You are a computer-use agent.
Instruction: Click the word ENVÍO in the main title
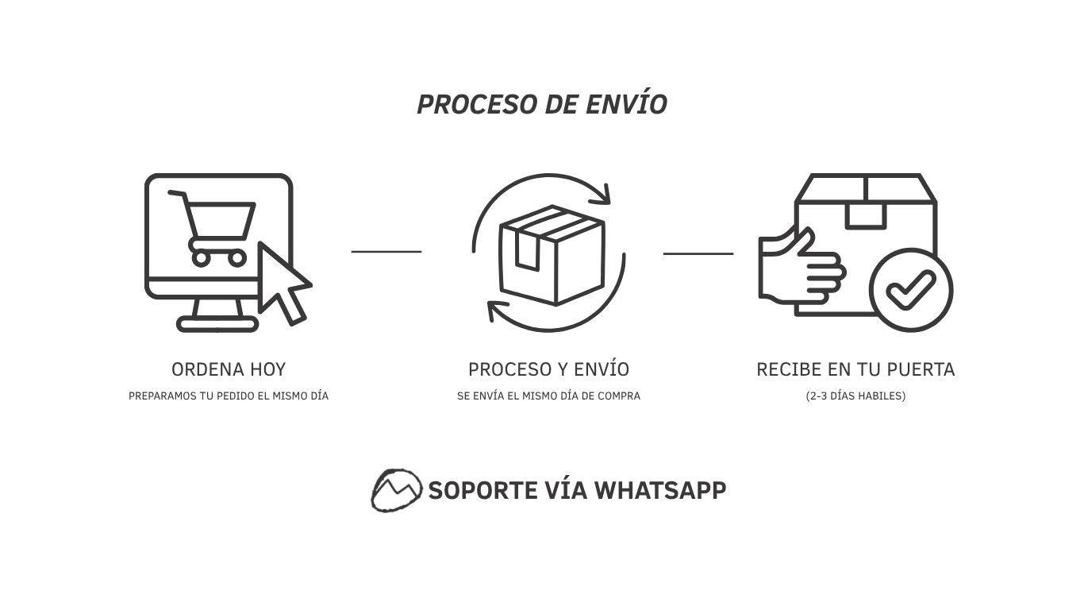pyautogui.click(x=627, y=102)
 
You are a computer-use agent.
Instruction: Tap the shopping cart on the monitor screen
pyautogui.click(x=212, y=228)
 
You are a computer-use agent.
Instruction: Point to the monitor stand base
pyautogui.click(x=217, y=323)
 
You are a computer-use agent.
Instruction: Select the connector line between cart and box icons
pyautogui.click(x=386, y=252)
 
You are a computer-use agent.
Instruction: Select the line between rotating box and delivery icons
pyautogui.click(x=698, y=253)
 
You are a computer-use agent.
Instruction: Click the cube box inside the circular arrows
pyautogui.click(x=552, y=255)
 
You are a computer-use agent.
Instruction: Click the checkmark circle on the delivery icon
pyautogui.click(x=911, y=290)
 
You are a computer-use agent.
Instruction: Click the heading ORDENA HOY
pyautogui.click(x=229, y=369)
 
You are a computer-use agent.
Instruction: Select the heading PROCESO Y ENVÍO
pyautogui.click(x=549, y=369)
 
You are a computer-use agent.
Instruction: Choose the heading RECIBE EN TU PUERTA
pyautogui.click(x=855, y=369)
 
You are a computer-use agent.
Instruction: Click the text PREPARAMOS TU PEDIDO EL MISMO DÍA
pyautogui.click(x=229, y=396)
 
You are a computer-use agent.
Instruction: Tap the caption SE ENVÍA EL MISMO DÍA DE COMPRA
pyautogui.click(x=549, y=396)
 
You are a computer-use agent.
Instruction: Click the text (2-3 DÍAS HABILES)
pyautogui.click(x=855, y=396)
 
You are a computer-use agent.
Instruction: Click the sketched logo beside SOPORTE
pyautogui.click(x=396, y=490)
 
